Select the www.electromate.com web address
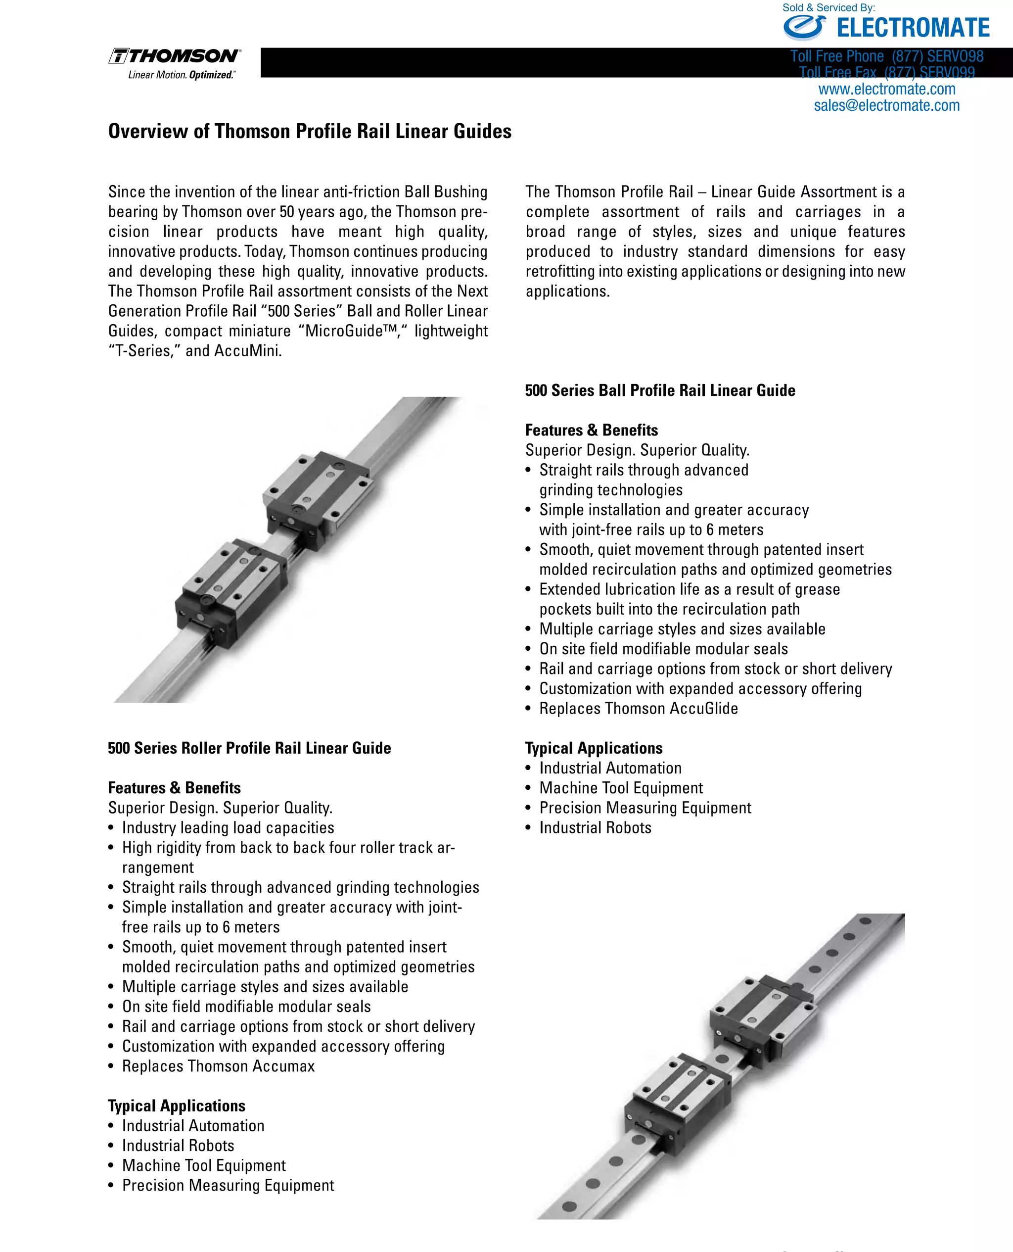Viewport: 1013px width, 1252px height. click(x=886, y=89)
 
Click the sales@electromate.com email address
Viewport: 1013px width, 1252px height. click(x=886, y=105)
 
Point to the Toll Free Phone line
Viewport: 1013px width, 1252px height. click(x=886, y=56)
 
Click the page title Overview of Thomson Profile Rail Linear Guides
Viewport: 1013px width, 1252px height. click(x=309, y=131)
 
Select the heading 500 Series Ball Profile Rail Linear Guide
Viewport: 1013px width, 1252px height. click(x=659, y=390)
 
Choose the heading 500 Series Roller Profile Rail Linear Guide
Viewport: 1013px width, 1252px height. click(x=249, y=748)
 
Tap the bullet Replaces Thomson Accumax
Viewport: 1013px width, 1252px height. click(x=218, y=1066)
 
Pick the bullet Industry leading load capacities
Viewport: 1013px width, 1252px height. click(x=228, y=828)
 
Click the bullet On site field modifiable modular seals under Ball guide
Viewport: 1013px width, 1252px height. click(x=663, y=649)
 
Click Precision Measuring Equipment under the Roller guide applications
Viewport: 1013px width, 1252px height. click(x=228, y=1186)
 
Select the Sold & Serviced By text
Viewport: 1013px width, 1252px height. click(x=828, y=7)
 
